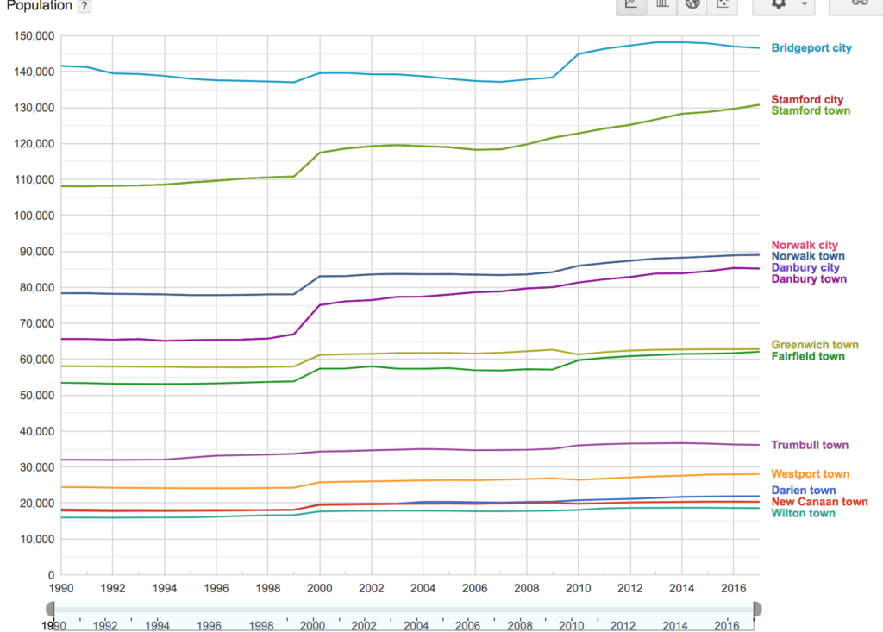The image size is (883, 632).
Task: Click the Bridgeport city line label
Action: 811,48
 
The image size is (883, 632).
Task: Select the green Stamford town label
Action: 810,110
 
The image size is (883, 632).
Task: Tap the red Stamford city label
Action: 807,100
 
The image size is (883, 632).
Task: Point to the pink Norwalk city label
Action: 805,246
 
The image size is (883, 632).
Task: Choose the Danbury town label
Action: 809,279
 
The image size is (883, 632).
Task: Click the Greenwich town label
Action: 814,345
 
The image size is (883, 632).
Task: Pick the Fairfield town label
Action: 808,356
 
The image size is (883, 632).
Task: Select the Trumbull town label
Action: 810,446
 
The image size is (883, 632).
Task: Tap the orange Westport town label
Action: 810,474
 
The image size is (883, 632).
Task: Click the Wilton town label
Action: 803,514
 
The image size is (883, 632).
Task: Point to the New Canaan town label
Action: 819,502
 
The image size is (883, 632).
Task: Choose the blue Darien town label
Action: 804,491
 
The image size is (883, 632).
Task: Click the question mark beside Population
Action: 84,6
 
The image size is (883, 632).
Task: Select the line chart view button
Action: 631,4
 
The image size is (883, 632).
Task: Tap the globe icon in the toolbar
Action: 692,4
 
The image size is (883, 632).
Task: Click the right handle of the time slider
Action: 757,610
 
